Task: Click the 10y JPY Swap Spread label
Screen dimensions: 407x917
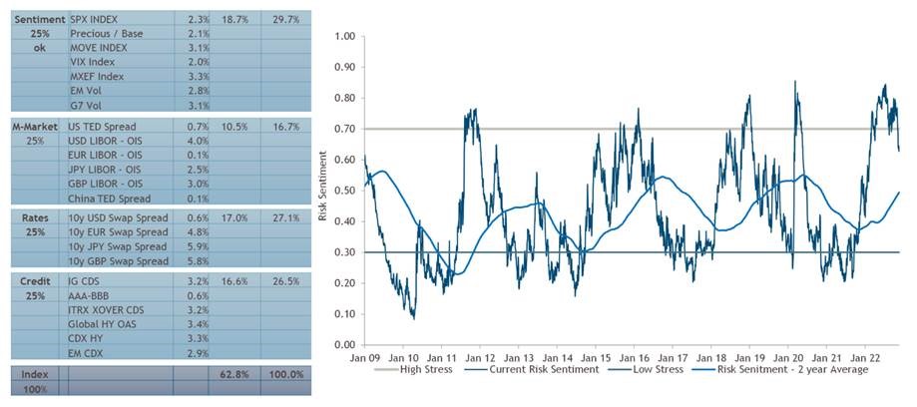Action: point(118,246)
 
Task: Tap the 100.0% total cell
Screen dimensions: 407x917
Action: point(283,375)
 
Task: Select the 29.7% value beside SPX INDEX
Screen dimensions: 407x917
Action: point(283,19)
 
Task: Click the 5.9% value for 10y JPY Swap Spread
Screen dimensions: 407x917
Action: point(197,246)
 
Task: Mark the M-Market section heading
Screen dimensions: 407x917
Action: point(33,128)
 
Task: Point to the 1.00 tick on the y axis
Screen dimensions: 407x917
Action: point(345,36)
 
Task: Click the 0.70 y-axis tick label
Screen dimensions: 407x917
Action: point(345,129)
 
